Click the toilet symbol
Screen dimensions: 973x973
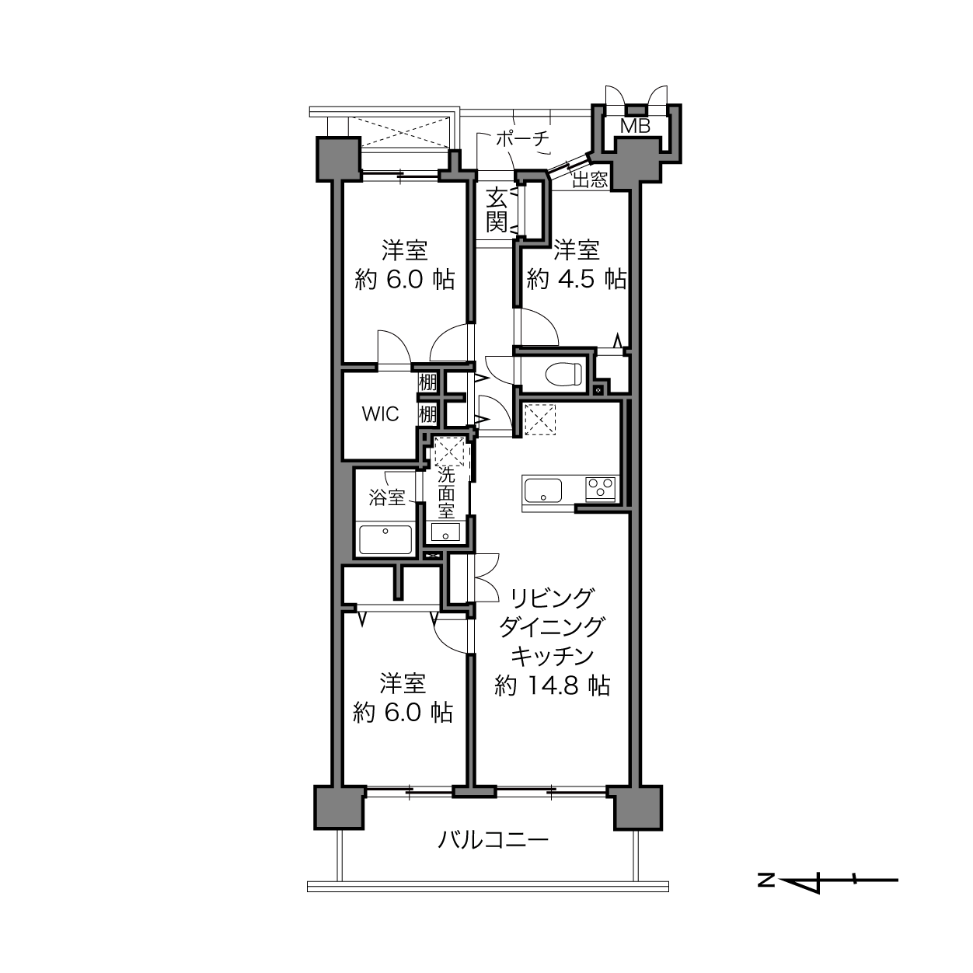(x=564, y=374)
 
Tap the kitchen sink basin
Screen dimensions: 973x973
(x=543, y=490)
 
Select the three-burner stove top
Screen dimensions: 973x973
(x=601, y=489)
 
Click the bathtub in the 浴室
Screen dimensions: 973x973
(x=385, y=540)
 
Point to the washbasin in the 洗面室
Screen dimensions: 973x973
(x=445, y=532)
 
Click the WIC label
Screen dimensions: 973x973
(x=380, y=414)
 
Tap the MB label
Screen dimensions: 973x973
(x=635, y=126)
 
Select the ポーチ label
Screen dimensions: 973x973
(x=521, y=138)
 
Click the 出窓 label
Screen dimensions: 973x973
(x=590, y=180)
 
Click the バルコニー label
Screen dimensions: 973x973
(x=493, y=841)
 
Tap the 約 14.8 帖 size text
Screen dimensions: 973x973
(x=553, y=686)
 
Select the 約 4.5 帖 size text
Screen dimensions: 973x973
(x=577, y=279)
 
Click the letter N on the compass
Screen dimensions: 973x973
(x=766, y=880)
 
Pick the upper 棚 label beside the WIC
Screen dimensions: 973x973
(x=427, y=382)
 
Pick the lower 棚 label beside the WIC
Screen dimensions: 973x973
(x=427, y=415)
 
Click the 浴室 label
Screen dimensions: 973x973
(x=387, y=498)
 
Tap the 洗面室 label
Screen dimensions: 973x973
(x=446, y=492)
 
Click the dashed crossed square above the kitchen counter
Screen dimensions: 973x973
(x=540, y=419)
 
